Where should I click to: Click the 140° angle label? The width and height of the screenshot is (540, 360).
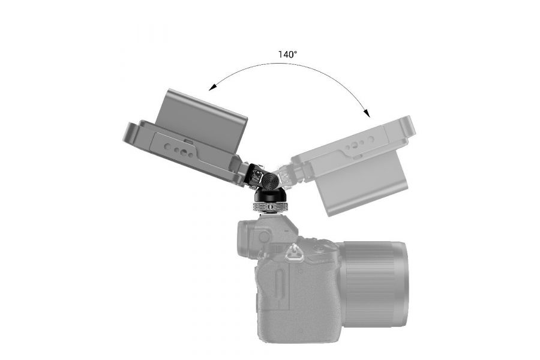(287, 54)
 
